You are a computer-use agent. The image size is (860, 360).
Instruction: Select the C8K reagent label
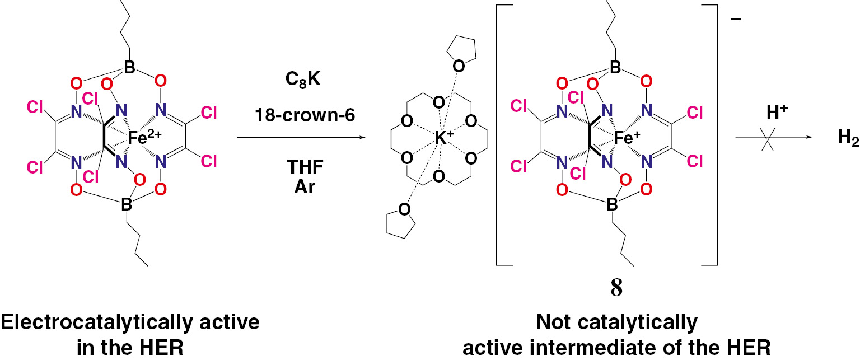point(298,91)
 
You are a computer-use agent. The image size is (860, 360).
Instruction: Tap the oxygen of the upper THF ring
point(458,66)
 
